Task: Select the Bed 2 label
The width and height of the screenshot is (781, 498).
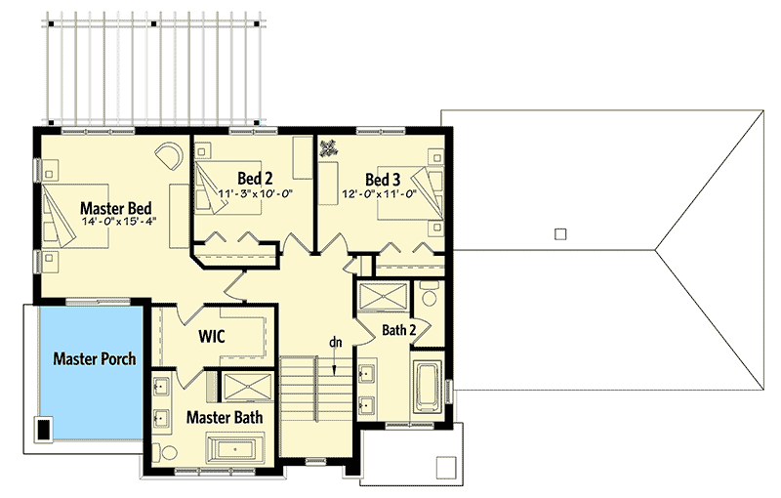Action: [x=255, y=178]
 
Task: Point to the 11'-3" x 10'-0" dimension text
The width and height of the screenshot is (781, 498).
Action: [x=257, y=192]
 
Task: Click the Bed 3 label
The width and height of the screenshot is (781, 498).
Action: [x=383, y=179]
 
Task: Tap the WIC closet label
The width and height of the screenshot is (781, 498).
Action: [x=212, y=337]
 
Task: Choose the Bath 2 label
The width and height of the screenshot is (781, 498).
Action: [x=399, y=330]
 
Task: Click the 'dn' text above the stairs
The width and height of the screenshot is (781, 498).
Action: [x=334, y=342]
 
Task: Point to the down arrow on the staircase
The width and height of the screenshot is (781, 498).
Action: [x=334, y=365]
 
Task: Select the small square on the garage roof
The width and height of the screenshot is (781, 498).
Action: [x=558, y=233]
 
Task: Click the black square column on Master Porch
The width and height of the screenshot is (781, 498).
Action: [x=44, y=428]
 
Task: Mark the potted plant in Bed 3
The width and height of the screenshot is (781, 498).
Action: [x=329, y=148]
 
